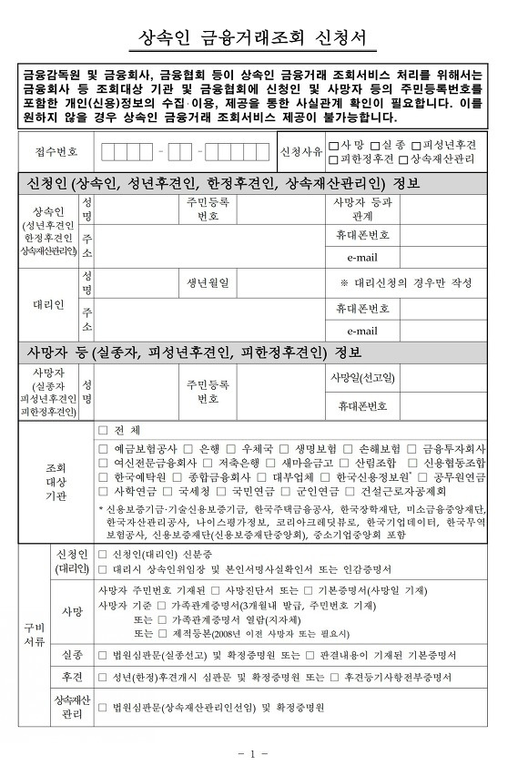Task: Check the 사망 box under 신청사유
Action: pos(335,144)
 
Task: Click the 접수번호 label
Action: pos(56,151)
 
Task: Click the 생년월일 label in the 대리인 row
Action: pos(208,282)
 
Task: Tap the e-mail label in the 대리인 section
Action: pos(361,332)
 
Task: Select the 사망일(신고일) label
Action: pos(362,378)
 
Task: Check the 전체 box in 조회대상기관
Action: pos(103,430)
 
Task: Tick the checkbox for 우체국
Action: pos(234,449)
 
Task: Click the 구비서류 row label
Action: pos(34,636)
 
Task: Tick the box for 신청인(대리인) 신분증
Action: pos(103,555)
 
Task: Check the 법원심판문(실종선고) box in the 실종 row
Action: pos(103,655)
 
